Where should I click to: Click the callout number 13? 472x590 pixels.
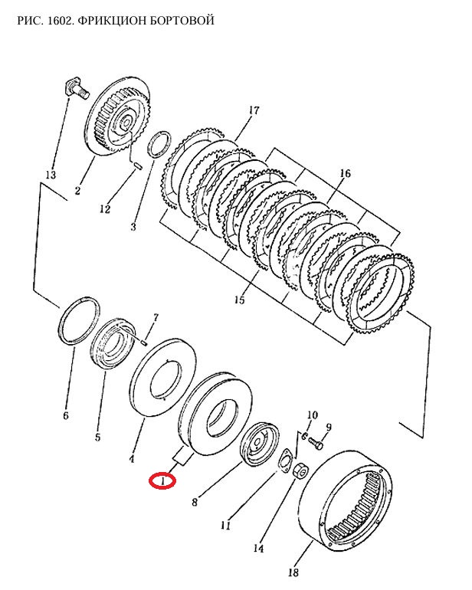[x=51, y=175]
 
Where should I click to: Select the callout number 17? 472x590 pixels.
[x=253, y=110]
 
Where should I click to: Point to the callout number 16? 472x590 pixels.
[x=344, y=174]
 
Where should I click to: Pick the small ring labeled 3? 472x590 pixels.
[x=159, y=144]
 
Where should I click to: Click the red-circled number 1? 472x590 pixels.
[x=162, y=481]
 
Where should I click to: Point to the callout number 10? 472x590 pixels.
[x=311, y=415]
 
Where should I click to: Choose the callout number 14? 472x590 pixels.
[x=258, y=548]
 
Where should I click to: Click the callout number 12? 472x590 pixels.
[x=106, y=209]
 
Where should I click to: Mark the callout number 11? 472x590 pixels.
[x=225, y=525]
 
